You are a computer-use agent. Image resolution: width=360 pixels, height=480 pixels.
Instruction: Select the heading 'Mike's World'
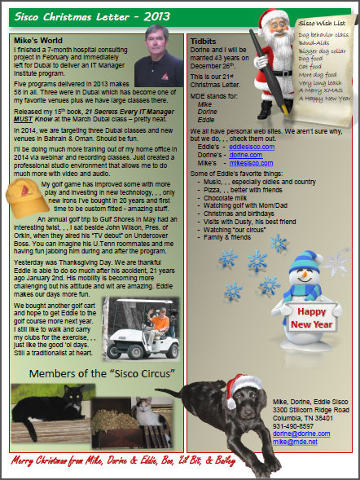(39, 38)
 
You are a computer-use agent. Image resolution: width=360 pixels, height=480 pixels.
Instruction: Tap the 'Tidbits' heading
(203, 38)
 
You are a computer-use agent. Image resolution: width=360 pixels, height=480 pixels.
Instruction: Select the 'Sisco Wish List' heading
(322, 26)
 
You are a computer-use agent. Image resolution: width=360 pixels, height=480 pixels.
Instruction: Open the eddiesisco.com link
(251, 146)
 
